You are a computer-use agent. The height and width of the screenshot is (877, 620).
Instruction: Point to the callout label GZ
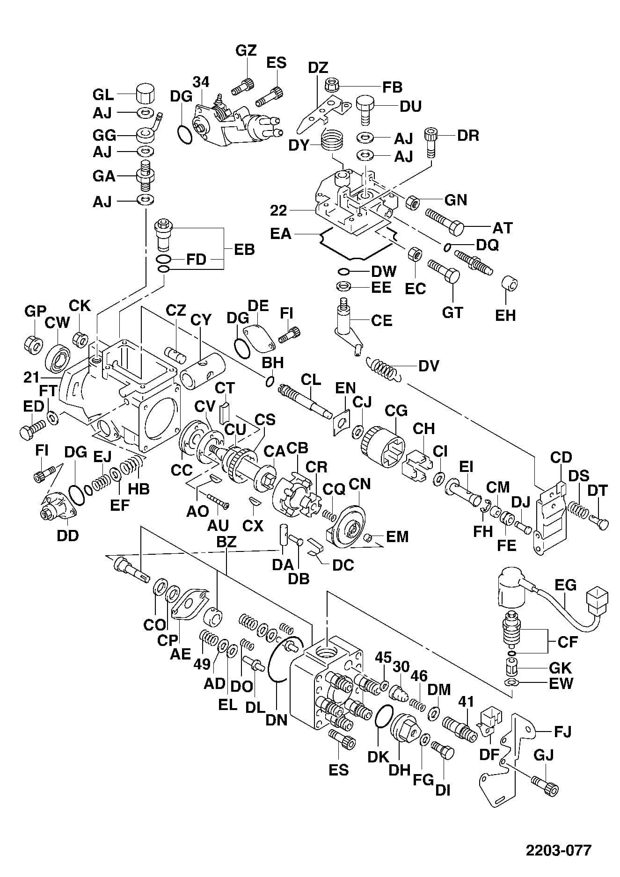tap(246, 51)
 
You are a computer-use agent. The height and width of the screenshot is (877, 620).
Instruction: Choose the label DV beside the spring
tap(429, 366)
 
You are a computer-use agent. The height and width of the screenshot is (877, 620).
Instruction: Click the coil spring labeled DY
tap(331, 139)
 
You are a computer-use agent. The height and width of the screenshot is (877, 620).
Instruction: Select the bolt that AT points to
tap(445, 223)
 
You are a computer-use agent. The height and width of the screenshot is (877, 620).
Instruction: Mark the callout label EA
tap(281, 233)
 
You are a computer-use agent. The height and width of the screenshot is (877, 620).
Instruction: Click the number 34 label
tap(201, 82)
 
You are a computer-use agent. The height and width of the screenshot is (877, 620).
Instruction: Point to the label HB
tap(139, 489)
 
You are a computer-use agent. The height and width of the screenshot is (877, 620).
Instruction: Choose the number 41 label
tap(466, 702)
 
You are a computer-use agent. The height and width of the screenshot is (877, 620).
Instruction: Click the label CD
tap(562, 457)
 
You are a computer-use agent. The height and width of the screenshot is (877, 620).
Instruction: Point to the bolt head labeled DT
tap(600, 521)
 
